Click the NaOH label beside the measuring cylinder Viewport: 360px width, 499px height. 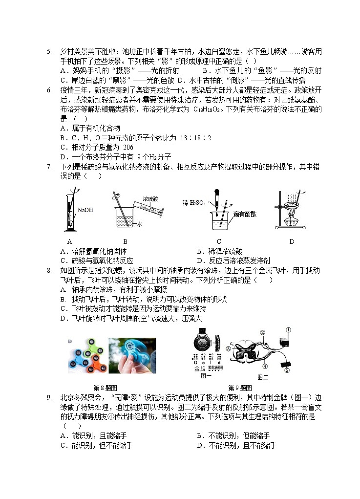pyautogui.click(x=85, y=211)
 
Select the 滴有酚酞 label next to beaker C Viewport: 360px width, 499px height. pyautogui.click(x=245, y=214)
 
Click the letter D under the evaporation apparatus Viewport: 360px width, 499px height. pyautogui.click(x=292, y=241)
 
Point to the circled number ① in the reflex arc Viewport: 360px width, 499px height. pyautogui.click(x=288, y=330)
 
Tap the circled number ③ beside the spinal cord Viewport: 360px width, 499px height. pyautogui.click(x=228, y=348)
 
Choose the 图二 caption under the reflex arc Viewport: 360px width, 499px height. pyautogui.click(x=262, y=376)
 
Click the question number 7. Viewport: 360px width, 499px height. pyautogui.click(x=49, y=167)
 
